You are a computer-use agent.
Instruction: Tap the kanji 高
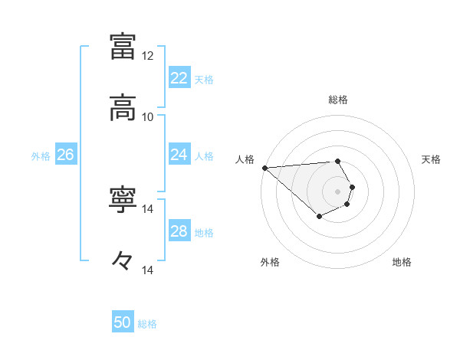(x=123, y=108)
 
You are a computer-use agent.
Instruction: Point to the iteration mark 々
(x=123, y=261)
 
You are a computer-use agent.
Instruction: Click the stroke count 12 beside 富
(x=147, y=56)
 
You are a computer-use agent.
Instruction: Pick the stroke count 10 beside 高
(x=147, y=117)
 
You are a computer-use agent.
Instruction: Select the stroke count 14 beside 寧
(x=147, y=209)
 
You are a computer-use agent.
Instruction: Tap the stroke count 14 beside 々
(x=147, y=270)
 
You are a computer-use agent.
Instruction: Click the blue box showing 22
(x=179, y=78)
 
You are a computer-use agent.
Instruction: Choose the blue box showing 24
(x=179, y=155)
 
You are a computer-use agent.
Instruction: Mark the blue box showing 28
(x=179, y=231)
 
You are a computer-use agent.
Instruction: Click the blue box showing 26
(x=65, y=155)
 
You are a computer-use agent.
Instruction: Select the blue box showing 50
(x=123, y=323)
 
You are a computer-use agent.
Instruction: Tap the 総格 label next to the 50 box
(x=148, y=324)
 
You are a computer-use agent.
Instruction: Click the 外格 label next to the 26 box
(x=41, y=155)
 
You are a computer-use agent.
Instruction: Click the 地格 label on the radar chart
(x=402, y=263)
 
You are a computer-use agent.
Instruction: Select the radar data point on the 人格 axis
(x=264, y=168)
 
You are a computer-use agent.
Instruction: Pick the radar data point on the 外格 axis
(x=319, y=218)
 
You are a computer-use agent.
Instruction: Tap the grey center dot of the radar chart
(x=337, y=191)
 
